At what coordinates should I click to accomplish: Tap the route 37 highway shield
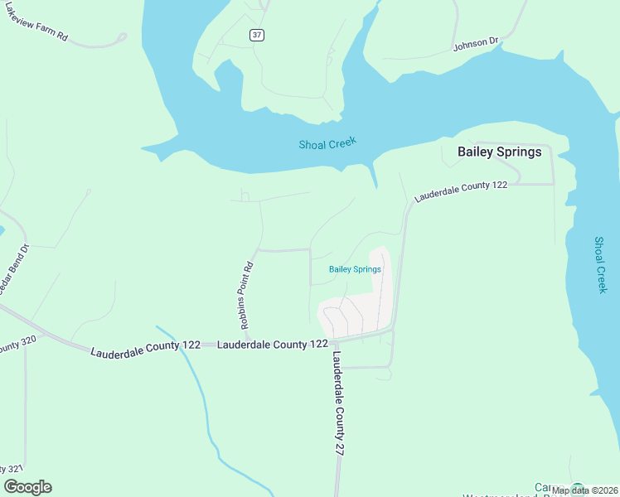(257, 34)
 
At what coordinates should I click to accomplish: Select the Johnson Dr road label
(476, 43)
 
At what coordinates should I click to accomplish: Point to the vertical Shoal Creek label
(601, 264)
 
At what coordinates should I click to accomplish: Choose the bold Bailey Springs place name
(499, 152)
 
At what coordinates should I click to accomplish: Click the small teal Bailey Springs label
(355, 269)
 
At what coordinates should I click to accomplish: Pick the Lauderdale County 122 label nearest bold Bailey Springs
(461, 191)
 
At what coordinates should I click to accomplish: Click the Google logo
(27, 487)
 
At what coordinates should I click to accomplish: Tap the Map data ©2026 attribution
(584, 490)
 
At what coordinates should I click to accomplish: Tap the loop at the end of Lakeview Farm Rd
(121, 37)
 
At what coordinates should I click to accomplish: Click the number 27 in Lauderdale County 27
(340, 445)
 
